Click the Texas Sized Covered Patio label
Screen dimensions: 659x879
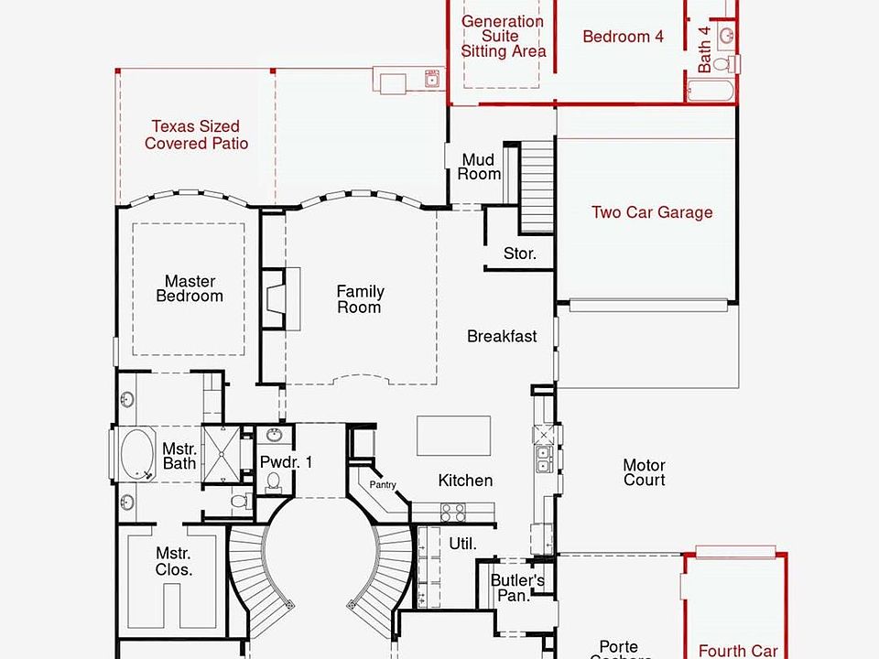click(196, 135)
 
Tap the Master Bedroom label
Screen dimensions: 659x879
click(190, 288)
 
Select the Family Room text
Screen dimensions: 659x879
click(360, 299)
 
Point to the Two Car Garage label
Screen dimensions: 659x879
click(651, 212)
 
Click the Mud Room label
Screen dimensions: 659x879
click(481, 167)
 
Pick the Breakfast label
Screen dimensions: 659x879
click(502, 336)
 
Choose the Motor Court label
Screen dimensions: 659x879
click(644, 472)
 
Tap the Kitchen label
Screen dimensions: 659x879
click(465, 481)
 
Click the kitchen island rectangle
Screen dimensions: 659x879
click(453, 436)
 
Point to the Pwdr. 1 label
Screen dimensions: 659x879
click(286, 462)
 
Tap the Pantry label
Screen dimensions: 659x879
click(383, 484)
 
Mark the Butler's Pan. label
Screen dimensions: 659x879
click(517, 588)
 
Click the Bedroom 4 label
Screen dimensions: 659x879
click(623, 37)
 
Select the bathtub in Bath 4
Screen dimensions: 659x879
click(711, 92)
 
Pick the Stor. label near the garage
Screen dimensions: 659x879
click(519, 254)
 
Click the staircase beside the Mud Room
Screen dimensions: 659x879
click(537, 188)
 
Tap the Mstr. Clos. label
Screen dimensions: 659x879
click(173, 561)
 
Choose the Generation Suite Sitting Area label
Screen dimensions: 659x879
click(503, 36)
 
